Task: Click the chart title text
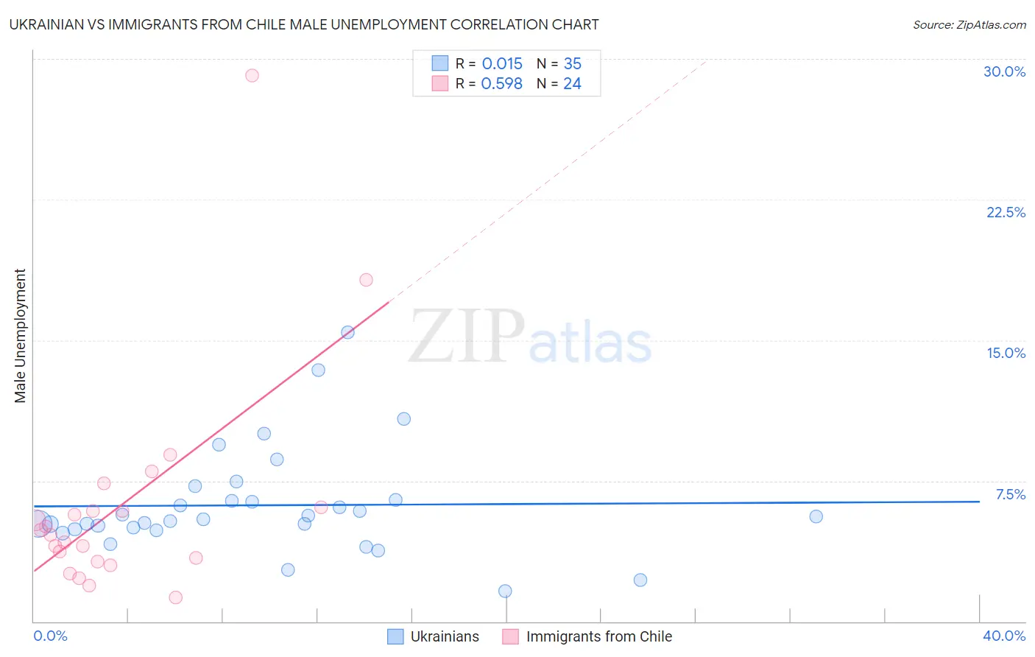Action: (303, 24)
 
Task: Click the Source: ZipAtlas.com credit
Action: (969, 24)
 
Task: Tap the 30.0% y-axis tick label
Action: (1004, 71)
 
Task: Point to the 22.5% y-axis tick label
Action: (1006, 212)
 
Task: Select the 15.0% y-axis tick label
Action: (1006, 353)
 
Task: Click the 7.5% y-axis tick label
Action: (1010, 494)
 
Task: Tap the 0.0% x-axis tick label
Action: (50, 636)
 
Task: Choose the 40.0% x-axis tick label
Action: (1004, 636)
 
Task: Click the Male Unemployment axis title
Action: (20, 336)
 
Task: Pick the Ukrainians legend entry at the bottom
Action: (434, 636)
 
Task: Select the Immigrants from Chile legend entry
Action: (587, 636)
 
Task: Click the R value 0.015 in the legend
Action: (502, 64)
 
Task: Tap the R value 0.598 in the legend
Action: (501, 84)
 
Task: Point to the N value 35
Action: (572, 64)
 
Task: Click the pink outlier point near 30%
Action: (252, 75)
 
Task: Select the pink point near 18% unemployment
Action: (366, 280)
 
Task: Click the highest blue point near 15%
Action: (347, 332)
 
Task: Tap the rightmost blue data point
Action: (816, 516)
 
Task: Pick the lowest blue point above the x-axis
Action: (505, 591)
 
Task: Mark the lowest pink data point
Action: (175, 597)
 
